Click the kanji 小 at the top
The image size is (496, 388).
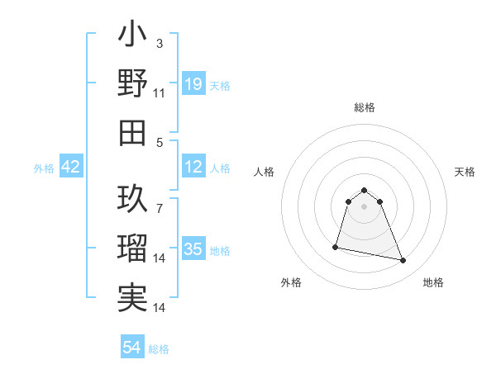pyautogui.click(x=132, y=36)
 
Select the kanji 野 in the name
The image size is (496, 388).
pyautogui.click(x=132, y=84)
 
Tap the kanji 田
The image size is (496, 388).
pyautogui.click(x=132, y=132)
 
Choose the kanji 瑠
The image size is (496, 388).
pyautogui.click(x=132, y=247)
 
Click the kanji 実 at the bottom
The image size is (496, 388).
pyautogui.click(x=132, y=297)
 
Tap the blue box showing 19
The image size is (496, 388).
pyautogui.click(x=193, y=83)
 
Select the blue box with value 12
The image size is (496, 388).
pyautogui.click(x=193, y=168)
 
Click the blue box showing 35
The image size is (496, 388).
pyautogui.click(x=193, y=249)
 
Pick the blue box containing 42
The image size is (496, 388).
pyautogui.click(x=71, y=168)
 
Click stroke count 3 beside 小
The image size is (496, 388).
pyautogui.click(x=160, y=43)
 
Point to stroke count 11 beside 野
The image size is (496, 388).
pyautogui.click(x=160, y=93)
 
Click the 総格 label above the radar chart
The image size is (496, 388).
pyautogui.click(x=365, y=108)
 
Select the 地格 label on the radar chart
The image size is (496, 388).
pyautogui.click(x=433, y=283)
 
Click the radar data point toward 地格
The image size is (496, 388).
pyautogui.click(x=403, y=261)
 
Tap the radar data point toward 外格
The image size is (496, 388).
pyautogui.click(x=336, y=246)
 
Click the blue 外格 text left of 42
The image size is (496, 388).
pyautogui.click(x=44, y=168)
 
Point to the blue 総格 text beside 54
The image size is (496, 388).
pyautogui.click(x=159, y=349)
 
